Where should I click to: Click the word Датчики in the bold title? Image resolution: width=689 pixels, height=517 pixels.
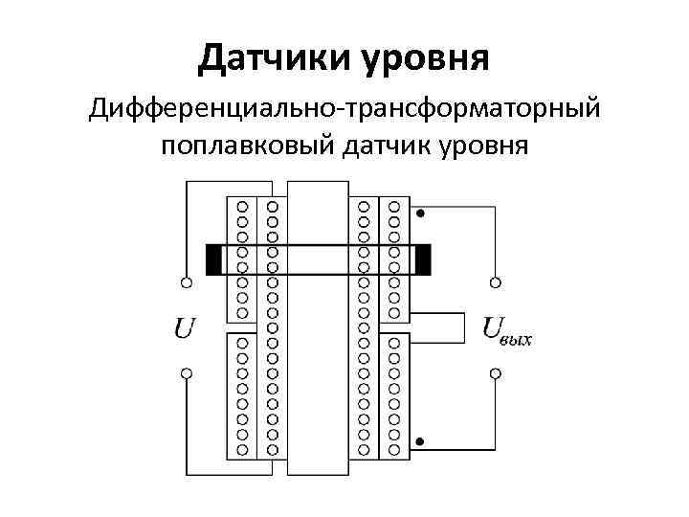click(273, 57)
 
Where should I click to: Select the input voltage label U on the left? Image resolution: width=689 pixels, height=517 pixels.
click(185, 327)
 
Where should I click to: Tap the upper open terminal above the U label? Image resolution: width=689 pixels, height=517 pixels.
click(186, 282)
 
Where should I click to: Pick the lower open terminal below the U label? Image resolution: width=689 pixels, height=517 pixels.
click(186, 373)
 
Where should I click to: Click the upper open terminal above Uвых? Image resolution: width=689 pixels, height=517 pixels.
click(495, 282)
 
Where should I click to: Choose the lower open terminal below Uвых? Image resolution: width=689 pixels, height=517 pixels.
click(495, 373)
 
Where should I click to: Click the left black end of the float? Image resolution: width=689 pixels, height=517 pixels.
click(213, 260)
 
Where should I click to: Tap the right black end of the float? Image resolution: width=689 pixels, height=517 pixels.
click(423, 260)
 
